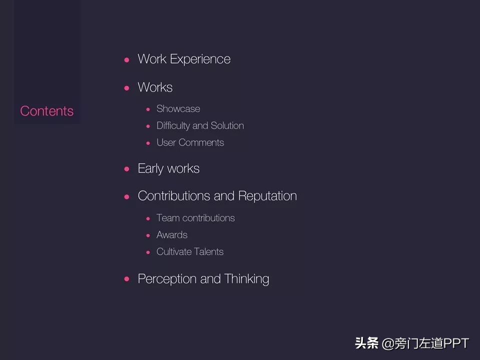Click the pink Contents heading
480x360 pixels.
[47, 111]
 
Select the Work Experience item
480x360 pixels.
[184, 59]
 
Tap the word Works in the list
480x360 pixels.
[155, 87]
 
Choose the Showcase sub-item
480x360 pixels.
[178, 109]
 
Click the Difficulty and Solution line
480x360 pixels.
[200, 125]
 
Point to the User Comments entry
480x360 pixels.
[190, 142]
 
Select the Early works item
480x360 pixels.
[168, 168]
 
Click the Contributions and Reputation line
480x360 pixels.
[217, 196]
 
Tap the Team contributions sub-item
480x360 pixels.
[195, 218]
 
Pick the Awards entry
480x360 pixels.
[172, 235]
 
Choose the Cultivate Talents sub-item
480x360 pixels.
[190, 251]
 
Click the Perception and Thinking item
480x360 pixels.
[203, 279]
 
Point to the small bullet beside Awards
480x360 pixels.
[148, 235]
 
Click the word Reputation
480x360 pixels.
[267, 196]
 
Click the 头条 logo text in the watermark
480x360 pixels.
[366, 343]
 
